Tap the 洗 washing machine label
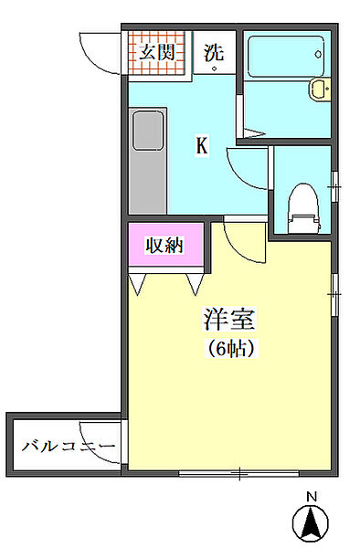click(214, 51)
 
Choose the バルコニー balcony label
click(68, 447)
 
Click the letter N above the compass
click(311, 497)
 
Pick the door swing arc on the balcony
click(99, 438)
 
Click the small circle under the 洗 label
click(215, 68)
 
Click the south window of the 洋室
click(239, 473)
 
